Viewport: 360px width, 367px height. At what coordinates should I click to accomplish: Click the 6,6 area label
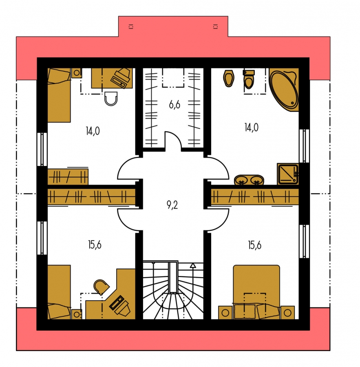pyautogui.click(x=174, y=105)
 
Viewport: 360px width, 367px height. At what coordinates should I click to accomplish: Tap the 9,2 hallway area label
pyautogui.click(x=172, y=205)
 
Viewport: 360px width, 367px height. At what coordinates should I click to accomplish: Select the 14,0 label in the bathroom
pyautogui.click(x=252, y=128)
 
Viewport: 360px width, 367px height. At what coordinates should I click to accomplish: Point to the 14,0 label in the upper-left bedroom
pyautogui.click(x=93, y=131)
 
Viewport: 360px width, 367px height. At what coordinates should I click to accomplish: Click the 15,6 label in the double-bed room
pyautogui.click(x=255, y=245)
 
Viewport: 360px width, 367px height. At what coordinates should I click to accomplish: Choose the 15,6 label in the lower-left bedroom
pyautogui.click(x=95, y=245)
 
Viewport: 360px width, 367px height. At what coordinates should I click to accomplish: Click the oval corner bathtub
pyautogui.click(x=284, y=90)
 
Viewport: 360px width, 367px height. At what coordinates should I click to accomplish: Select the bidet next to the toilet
pyautogui.click(x=228, y=78)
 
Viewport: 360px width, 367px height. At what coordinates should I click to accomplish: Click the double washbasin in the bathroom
pyautogui.click(x=249, y=180)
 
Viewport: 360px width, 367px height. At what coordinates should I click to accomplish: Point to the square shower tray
pyautogui.click(x=288, y=174)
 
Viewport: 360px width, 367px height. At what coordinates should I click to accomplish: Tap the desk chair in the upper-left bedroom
pyautogui.click(x=111, y=99)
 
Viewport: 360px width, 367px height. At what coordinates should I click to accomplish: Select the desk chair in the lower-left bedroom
pyautogui.click(x=101, y=287)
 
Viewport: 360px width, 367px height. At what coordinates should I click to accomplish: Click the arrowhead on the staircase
pyautogui.click(x=193, y=265)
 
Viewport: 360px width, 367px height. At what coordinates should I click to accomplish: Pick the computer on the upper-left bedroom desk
pyautogui.click(x=121, y=78)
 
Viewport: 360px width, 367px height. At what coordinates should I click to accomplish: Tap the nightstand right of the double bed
pyautogui.click(x=288, y=312)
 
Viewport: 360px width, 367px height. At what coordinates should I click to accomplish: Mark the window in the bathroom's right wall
pyautogui.click(x=304, y=146)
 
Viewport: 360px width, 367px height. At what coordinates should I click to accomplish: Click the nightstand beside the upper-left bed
pyautogui.click(x=77, y=73)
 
